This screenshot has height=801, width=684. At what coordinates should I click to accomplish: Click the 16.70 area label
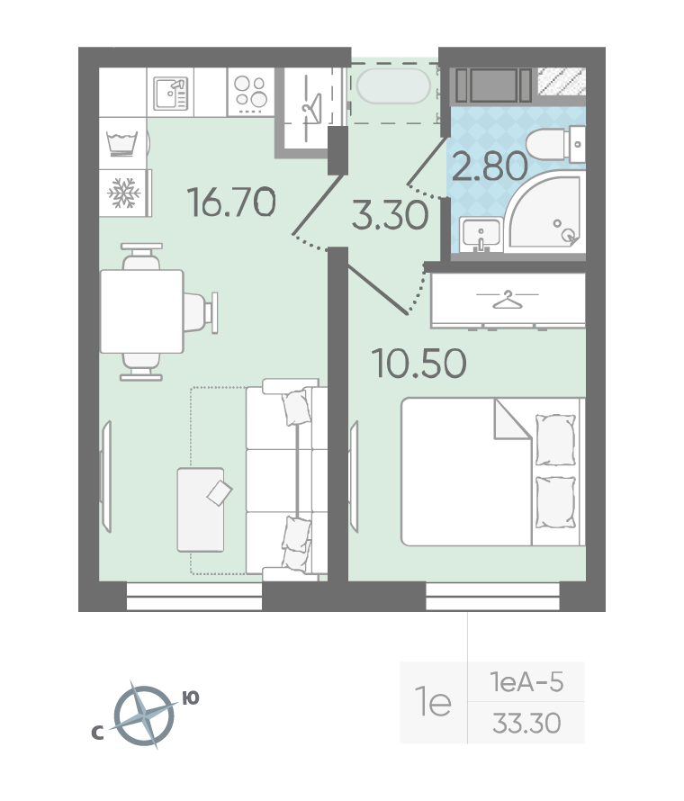pos(231,202)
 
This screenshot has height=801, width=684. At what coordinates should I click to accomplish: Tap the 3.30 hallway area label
pos(391,214)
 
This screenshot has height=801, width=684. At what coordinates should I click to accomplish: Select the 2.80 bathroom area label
pos(490,166)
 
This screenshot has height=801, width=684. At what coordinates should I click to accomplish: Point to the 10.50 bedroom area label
pos(418,364)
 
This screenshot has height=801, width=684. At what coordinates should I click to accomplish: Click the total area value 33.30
pos(526,723)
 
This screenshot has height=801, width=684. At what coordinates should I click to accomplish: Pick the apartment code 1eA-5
pos(526,682)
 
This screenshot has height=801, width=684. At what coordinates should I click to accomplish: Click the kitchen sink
pos(171,93)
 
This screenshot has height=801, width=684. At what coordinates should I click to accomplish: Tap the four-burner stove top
pos(251,93)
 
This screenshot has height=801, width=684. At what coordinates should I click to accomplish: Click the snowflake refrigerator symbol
pos(123,193)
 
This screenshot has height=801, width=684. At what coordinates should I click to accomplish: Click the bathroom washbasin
pos(481,235)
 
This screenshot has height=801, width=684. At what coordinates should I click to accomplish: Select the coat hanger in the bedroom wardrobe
pos(507,300)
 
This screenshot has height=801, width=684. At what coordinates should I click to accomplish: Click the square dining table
pos(142,311)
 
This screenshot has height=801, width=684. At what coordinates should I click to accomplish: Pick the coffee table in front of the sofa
pos(201,509)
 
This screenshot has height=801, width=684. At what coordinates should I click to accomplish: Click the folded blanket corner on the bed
pos(512,418)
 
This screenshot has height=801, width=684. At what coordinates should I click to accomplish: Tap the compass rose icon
pos(143,715)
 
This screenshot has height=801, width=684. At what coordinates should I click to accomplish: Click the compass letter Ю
pos(191,697)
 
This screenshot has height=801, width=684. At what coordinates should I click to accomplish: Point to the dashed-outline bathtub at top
pos(393,86)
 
